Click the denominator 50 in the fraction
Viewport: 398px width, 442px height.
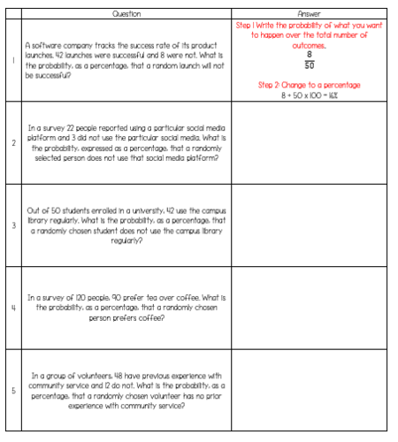310,65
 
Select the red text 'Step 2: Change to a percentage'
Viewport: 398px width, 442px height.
308,84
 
